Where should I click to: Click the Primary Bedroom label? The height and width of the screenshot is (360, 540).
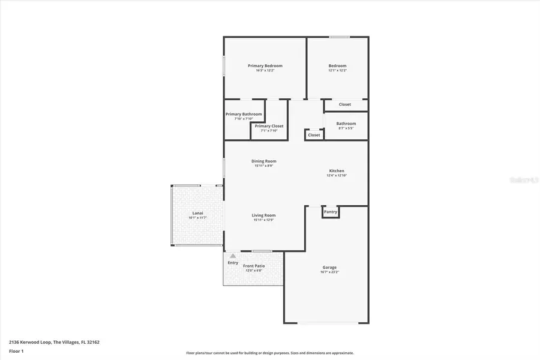click(265, 65)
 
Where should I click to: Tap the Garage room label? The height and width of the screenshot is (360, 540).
click(329, 268)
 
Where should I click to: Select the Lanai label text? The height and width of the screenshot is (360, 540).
click(197, 213)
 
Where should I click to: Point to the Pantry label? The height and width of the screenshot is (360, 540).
click(331, 212)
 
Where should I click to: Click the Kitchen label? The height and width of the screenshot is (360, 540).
click(337, 171)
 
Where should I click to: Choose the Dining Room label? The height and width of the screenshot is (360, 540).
click(264, 161)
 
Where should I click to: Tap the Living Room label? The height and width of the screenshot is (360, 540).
click(263, 215)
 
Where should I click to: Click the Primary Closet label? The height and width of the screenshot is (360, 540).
click(269, 126)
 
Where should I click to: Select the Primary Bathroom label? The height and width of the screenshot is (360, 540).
click(244, 114)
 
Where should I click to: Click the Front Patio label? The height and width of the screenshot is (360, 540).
click(254, 266)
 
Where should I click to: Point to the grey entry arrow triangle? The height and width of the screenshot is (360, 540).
click(233, 256)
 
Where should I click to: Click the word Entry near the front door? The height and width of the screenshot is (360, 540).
click(233, 263)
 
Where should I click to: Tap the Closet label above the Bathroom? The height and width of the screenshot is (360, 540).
click(345, 104)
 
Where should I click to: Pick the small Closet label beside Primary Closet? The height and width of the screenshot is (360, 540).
click(314, 136)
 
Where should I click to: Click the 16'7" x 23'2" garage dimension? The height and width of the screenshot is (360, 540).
click(329, 272)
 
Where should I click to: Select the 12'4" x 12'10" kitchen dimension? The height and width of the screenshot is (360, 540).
click(337, 175)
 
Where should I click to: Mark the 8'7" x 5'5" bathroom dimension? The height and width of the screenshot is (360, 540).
click(346, 128)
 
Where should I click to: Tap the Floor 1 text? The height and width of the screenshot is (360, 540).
click(16, 350)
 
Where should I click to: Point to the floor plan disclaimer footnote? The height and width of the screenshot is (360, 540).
click(270, 353)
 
